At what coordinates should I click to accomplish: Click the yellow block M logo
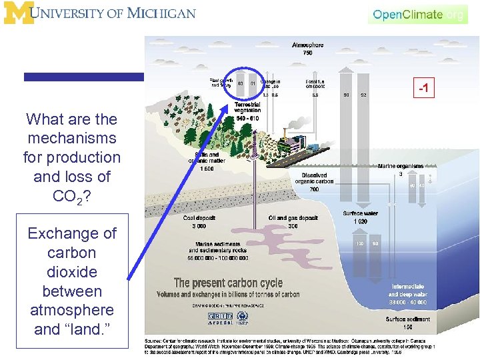pos(17,13)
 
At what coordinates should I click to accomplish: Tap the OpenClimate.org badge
pos(418,14)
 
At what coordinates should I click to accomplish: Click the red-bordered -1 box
pos(422,88)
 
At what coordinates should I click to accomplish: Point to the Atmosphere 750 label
pos(307,49)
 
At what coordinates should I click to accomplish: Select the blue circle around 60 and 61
pos(246,84)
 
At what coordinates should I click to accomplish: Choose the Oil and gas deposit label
pos(293,222)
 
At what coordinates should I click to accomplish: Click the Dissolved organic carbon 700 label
pos(310,182)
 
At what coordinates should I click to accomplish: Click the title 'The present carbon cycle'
pos(228,283)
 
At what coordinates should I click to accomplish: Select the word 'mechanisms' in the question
pos(72,139)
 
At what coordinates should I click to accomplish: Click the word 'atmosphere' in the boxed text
pos(72,310)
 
